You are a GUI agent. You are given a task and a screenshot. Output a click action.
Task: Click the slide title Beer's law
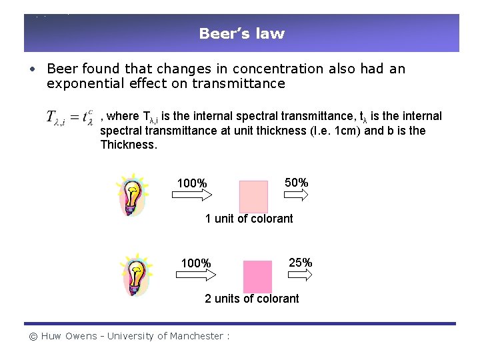[x=241, y=33]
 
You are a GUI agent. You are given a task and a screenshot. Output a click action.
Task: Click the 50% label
[x=296, y=183]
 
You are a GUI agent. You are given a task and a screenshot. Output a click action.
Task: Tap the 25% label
[x=300, y=263]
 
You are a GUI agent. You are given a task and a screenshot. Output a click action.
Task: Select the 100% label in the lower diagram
[x=196, y=263]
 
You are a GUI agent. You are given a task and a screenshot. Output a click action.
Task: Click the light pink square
[x=253, y=196]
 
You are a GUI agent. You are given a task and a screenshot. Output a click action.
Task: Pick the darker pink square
[x=257, y=277]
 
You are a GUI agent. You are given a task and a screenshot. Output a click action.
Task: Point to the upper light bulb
[x=133, y=195]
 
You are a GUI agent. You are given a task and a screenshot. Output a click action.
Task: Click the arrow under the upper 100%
[x=192, y=195]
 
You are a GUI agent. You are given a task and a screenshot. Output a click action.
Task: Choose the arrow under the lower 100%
[x=196, y=275]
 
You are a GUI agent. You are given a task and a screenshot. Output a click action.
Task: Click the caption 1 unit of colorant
[x=249, y=219]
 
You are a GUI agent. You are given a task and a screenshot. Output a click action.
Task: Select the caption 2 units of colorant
[x=252, y=299]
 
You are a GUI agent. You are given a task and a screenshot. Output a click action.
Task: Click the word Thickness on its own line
[x=128, y=145]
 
